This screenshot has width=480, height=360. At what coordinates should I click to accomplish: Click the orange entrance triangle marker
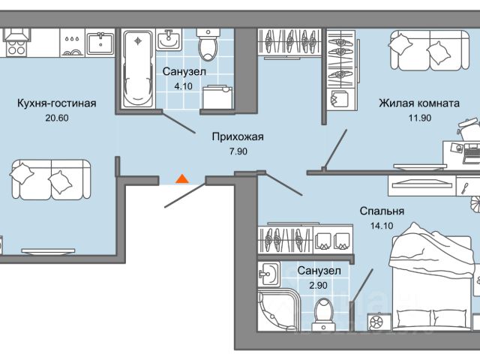(x=181, y=179)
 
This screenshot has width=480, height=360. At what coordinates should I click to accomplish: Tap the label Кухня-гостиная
(x=56, y=103)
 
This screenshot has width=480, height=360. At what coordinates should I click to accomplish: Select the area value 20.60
(x=56, y=118)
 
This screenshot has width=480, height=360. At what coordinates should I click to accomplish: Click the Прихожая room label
(x=236, y=137)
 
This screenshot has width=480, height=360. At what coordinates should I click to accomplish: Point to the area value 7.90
(x=236, y=151)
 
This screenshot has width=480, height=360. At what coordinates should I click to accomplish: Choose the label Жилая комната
(x=418, y=103)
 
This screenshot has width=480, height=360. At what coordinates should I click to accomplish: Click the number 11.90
(x=418, y=118)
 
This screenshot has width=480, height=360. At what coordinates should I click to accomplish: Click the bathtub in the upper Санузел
(x=136, y=67)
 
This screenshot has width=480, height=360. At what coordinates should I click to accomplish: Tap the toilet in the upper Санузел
(x=207, y=46)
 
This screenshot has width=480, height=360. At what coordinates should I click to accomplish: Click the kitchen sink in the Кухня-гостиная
(x=100, y=43)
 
